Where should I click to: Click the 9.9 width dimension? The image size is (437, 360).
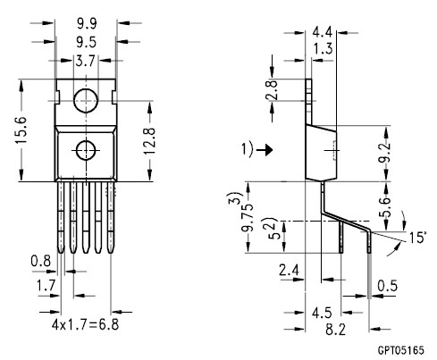[87, 23]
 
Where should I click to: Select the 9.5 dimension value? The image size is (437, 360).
[87, 42]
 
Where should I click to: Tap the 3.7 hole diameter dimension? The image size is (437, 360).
[85, 61]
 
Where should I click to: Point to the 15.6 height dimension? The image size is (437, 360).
[21, 130]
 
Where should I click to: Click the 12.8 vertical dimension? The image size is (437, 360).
[149, 141]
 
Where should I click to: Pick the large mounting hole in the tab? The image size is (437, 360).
[86, 101]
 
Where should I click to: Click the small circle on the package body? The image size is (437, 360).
[86, 151]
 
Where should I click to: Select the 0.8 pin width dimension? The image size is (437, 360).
[41, 262]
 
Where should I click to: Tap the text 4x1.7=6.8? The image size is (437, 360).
[86, 324]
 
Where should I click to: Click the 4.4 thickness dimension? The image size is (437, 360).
[322, 31]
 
